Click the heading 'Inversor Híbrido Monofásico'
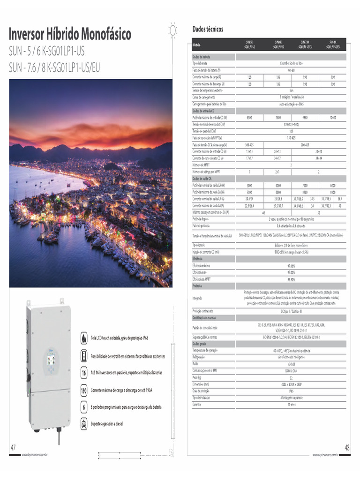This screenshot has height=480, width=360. [70, 34]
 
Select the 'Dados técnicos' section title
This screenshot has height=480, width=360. [208, 29]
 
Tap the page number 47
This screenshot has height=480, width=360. [13, 447]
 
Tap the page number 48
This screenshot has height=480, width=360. [347, 448]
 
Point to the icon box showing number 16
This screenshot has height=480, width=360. [83, 373]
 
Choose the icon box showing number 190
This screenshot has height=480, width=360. [83, 390]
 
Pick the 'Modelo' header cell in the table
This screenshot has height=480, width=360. [197, 45]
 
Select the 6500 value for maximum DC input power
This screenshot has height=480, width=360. [249, 117]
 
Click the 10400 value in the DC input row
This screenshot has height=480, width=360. [333, 117]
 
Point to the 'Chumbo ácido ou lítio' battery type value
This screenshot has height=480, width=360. [291, 63]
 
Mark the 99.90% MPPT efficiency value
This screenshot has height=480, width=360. [291, 279]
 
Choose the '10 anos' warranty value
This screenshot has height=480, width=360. [291, 404]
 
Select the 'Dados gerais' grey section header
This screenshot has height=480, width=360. [199, 344]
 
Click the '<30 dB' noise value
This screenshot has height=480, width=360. [291, 364]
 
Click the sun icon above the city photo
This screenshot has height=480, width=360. [173, 30]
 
